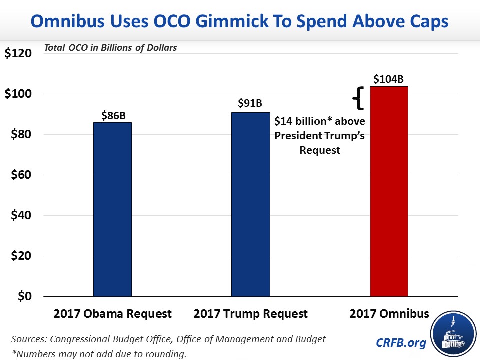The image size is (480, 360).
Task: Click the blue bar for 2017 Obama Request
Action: tap(112, 209)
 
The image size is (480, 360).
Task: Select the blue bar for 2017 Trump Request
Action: tap(251, 204)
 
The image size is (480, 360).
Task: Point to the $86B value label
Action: tap(112, 116)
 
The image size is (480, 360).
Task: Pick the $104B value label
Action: tap(389, 79)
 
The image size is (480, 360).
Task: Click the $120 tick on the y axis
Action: tap(18, 53)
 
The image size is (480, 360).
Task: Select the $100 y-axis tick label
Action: tap(18, 94)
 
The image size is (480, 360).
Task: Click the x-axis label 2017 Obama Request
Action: tap(112, 314)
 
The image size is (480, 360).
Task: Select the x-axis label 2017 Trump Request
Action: tap(251, 314)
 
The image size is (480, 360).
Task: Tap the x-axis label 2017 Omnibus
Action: tap(389, 314)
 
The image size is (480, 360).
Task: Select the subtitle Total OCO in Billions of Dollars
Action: tap(110, 48)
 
